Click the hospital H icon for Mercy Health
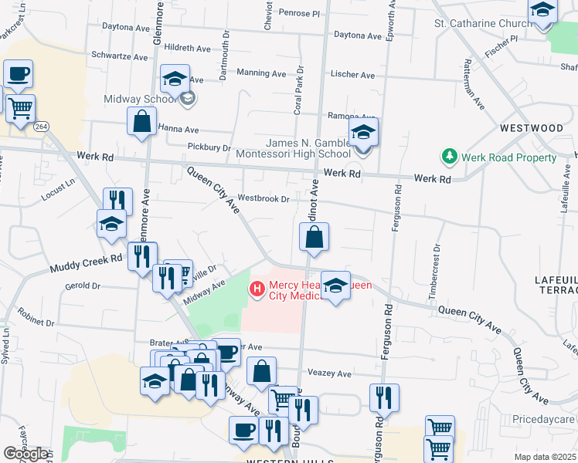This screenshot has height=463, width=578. click(257, 289)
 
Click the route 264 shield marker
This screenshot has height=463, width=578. click(42, 127)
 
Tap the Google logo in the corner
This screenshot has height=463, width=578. click(25, 454)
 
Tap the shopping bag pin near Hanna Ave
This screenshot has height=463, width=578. click(141, 122)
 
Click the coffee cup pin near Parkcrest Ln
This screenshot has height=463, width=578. click(18, 75)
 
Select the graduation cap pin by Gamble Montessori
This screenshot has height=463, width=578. click(363, 133)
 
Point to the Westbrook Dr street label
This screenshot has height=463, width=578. click(263, 198)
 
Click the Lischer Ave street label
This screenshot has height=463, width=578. click(352, 76)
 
